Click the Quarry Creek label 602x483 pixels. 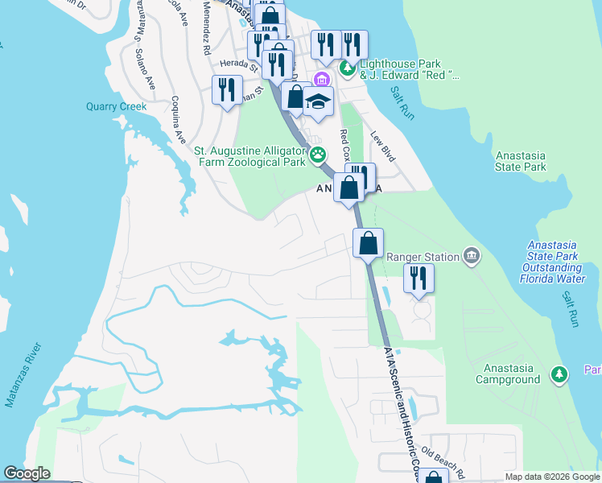point(117,106)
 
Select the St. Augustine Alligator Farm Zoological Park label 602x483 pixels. point(250,156)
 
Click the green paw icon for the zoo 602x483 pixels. point(319,154)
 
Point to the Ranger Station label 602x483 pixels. point(423,257)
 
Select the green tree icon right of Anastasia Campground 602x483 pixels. point(559,374)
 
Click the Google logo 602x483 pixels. point(27,473)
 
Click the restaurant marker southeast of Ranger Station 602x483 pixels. point(419,279)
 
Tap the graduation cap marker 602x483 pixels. point(319,101)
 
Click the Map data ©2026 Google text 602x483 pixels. point(551,477)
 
